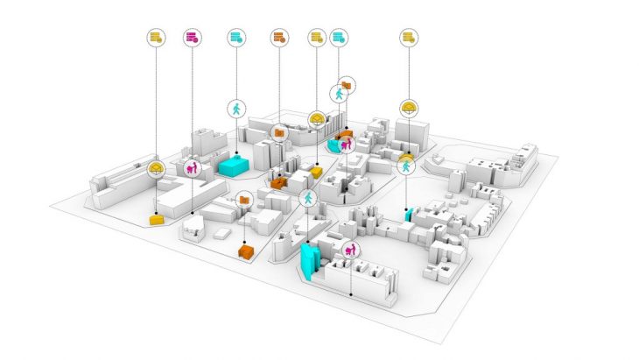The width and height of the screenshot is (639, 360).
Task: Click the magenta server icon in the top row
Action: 192,38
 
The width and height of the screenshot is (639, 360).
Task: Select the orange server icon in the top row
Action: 278,38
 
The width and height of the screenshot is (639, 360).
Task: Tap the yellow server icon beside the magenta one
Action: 156,38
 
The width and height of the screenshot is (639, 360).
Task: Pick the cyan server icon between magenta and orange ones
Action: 235,38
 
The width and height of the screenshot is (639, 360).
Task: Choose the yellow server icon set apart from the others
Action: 408,38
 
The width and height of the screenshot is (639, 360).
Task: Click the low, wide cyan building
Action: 235,164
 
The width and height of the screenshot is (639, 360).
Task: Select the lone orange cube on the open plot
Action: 246,251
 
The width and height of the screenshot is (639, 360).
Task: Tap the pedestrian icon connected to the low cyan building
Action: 236,109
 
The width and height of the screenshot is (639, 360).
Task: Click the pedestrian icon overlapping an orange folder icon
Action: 339,93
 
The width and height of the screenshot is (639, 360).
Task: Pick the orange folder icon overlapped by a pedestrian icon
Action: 348,85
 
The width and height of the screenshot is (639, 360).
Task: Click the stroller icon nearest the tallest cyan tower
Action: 351,249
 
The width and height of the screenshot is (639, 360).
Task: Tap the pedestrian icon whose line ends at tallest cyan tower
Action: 308,198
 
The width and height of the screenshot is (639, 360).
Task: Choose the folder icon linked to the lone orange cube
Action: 243,200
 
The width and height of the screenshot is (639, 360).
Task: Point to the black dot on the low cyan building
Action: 236,155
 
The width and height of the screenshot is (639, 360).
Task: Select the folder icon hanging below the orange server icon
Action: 279,133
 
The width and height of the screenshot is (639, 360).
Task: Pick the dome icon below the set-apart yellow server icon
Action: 408,109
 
